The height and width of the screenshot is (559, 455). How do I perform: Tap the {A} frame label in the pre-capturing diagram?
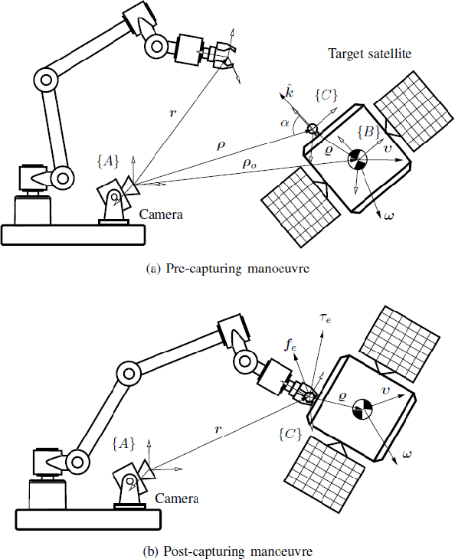pos(108,160)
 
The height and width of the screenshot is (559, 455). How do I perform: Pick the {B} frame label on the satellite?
pos(367,132)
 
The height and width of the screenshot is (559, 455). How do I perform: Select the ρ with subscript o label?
pos(250,163)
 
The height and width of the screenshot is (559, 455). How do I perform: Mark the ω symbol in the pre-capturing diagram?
pos(388,215)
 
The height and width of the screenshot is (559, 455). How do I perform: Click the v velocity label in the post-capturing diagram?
pos(387,392)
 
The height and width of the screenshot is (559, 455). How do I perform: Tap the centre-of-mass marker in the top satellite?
pos(356,159)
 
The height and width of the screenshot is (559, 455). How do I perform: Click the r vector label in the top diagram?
pos(174,113)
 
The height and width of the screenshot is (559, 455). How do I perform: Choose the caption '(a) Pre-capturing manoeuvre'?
pos(227,269)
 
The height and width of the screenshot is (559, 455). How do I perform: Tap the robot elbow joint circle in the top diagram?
pos(46,79)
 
